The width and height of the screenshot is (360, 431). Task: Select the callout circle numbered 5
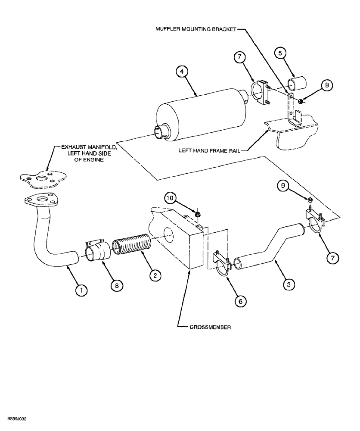click(280, 53)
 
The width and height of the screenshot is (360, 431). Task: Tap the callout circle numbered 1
click(81, 290)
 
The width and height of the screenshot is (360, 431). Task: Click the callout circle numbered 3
click(290, 284)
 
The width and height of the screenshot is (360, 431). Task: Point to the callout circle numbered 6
click(241, 301)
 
